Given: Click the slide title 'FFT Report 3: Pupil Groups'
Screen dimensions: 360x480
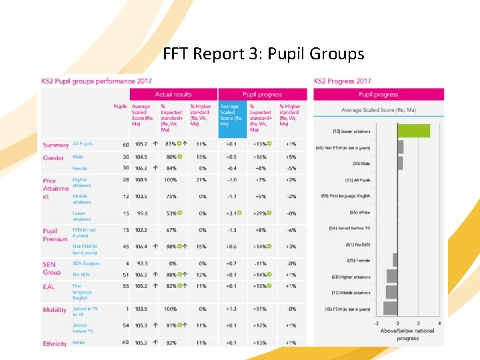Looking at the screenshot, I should [263, 53].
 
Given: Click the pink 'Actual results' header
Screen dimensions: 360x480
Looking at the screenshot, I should [173, 95].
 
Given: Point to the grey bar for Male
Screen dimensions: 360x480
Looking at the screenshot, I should [400, 163].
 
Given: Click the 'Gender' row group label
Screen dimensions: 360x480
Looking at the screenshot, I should [53, 158].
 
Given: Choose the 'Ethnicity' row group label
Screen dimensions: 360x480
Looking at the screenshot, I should [55, 344].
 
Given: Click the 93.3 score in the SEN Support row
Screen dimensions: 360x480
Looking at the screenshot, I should [141, 264].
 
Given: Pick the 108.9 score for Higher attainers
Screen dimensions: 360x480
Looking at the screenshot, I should [141, 180].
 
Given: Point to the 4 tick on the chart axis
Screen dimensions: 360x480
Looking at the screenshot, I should [439, 323].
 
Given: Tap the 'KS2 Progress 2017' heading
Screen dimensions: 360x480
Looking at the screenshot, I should [343, 81].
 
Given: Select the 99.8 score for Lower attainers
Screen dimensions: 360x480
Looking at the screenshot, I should [141, 213].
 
